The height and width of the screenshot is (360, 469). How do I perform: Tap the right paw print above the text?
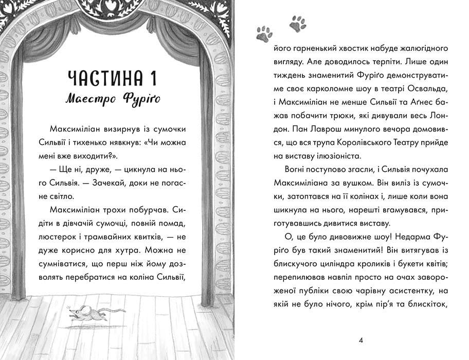[x=297, y=22]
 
